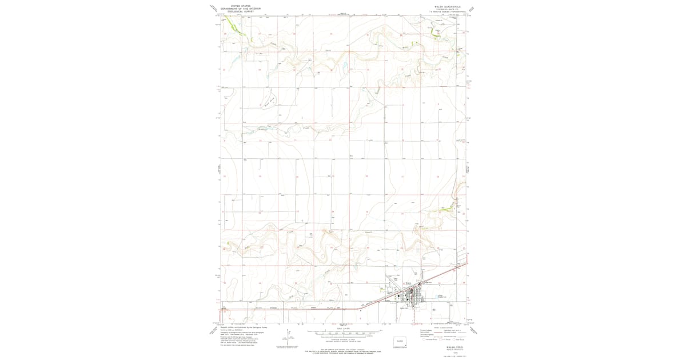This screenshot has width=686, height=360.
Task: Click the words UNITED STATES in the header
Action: [241, 6]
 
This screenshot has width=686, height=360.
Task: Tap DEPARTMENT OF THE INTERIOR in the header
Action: [241, 9]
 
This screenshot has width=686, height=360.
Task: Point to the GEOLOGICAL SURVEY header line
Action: [241, 11]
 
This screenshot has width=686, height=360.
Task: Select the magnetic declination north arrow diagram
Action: [290, 334]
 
